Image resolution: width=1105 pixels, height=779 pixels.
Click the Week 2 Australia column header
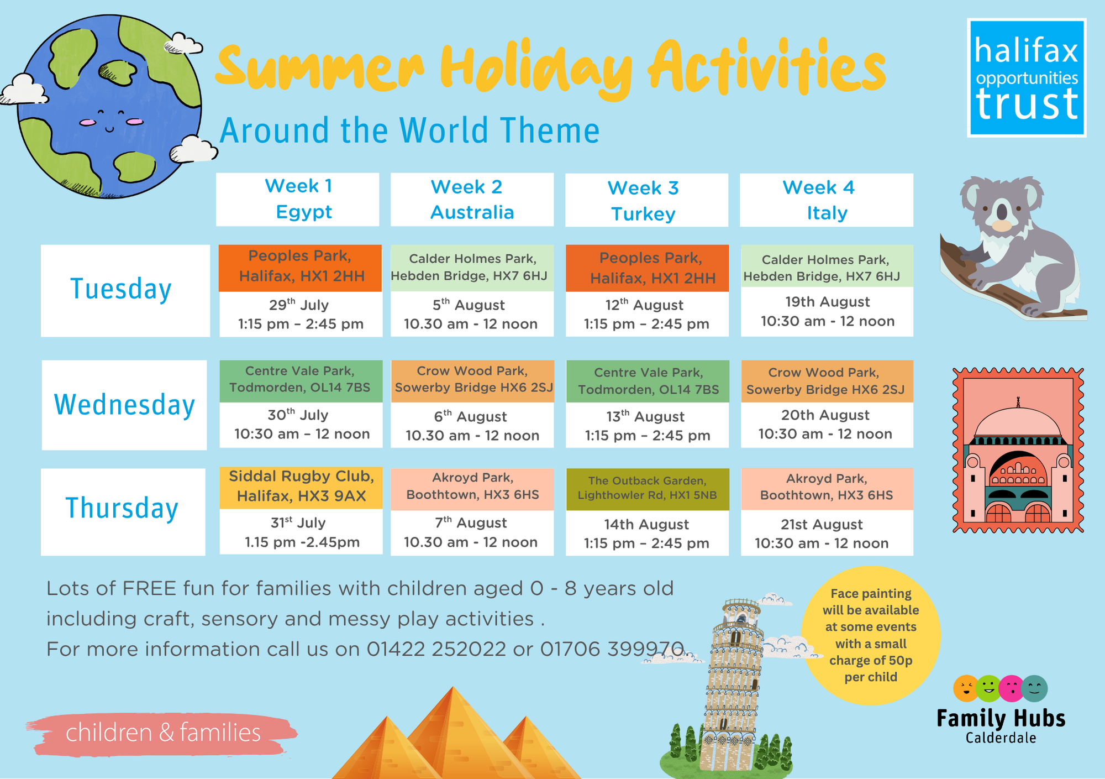pyautogui.click(x=472, y=200)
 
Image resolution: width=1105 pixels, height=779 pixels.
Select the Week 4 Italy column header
pyautogui.click(x=827, y=200)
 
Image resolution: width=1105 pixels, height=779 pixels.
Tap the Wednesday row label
pyautogui.click(x=124, y=405)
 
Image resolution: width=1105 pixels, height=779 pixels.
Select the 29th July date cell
pyautogui.click(x=301, y=314)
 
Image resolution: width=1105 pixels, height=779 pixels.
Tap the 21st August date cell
pyautogui.click(x=827, y=533)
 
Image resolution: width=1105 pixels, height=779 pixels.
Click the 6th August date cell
pyautogui.click(x=472, y=425)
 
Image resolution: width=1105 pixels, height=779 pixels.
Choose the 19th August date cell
pyautogui.click(x=827, y=312)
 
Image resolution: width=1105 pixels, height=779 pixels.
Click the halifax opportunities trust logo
pyautogui.click(x=1027, y=78)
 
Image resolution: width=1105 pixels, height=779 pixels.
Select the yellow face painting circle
pyautogui.click(x=871, y=635)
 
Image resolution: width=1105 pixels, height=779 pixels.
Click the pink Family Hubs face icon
pyautogui.click(x=1012, y=689)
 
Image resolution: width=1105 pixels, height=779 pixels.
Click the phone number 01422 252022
pyautogui.click(x=436, y=649)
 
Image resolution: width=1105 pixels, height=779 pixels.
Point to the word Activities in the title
pyautogui.click(x=767, y=69)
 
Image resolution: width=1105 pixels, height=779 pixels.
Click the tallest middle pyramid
pyautogui.click(x=453, y=735)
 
